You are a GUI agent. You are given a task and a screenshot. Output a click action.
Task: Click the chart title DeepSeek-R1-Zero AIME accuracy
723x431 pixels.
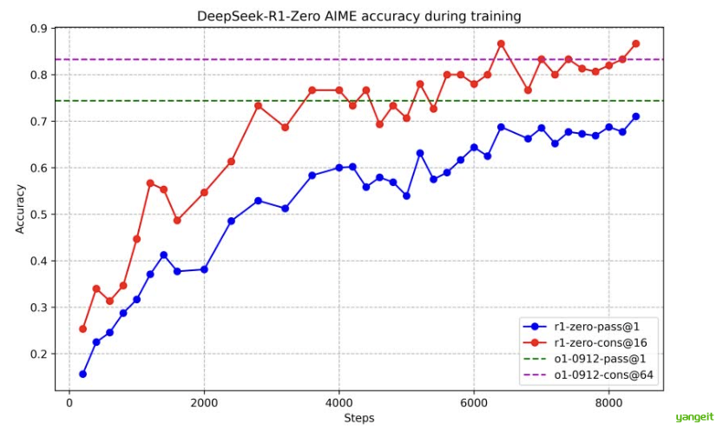click(x=358, y=15)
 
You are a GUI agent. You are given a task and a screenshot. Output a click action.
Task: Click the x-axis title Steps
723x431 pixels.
click(x=358, y=418)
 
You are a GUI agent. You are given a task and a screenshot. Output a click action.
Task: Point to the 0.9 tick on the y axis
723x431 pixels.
click(x=37, y=29)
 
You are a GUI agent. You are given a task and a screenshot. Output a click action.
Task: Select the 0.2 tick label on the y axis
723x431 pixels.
click(x=37, y=355)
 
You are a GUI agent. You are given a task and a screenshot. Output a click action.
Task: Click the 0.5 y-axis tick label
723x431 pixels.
click(x=37, y=215)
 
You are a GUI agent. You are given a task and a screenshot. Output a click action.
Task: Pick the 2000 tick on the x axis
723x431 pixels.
click(x=204, y=402)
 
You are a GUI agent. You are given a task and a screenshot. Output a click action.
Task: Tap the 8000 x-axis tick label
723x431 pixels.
click(x=608, y=402)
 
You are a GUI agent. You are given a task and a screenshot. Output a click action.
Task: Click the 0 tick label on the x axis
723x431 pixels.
click(x=69, y=402)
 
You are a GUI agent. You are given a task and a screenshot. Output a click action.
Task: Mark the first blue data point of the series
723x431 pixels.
click(x=82, y=374)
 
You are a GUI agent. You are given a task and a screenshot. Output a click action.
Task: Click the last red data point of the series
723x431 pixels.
click(x=635, y=43)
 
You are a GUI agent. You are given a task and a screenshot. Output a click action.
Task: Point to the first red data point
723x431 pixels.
click(x=82, y=328)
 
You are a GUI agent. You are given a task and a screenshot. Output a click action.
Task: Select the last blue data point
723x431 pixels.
click(x=635, y=116)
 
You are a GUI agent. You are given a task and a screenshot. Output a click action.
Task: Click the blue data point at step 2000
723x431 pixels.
click(x=204, y=269)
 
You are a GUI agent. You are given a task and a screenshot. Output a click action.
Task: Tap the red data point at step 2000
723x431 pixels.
click(x=204, y=192)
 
